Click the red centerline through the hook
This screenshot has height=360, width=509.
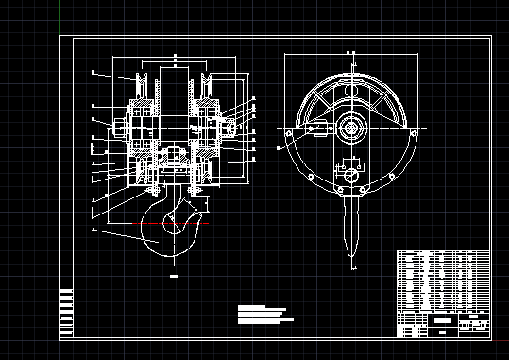pyautogui.click(x=123, y=223)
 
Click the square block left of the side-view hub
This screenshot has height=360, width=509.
pyautogui.click(x=319, y=129)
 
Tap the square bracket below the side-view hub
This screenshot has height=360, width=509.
pyautogui.click(x=351, y=175)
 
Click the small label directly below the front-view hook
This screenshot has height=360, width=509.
pyautogui.click(x=174, y=276)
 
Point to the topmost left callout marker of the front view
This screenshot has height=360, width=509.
pyautogui.click(x=93, y=72)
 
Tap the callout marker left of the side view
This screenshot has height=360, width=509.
pyautogui.click(x=279, y=147)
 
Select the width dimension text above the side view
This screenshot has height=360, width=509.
pyautogui.click(x=351, y=53)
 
